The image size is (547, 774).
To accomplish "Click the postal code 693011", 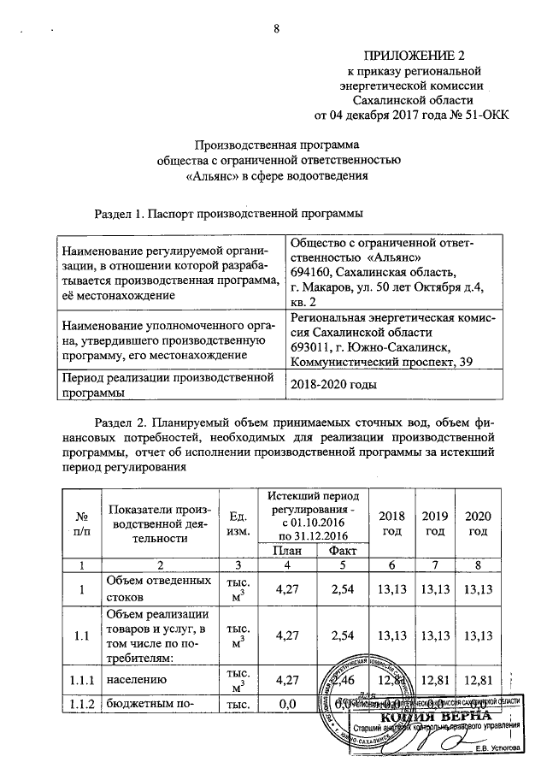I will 311,346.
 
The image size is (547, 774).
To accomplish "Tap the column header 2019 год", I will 436,524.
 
